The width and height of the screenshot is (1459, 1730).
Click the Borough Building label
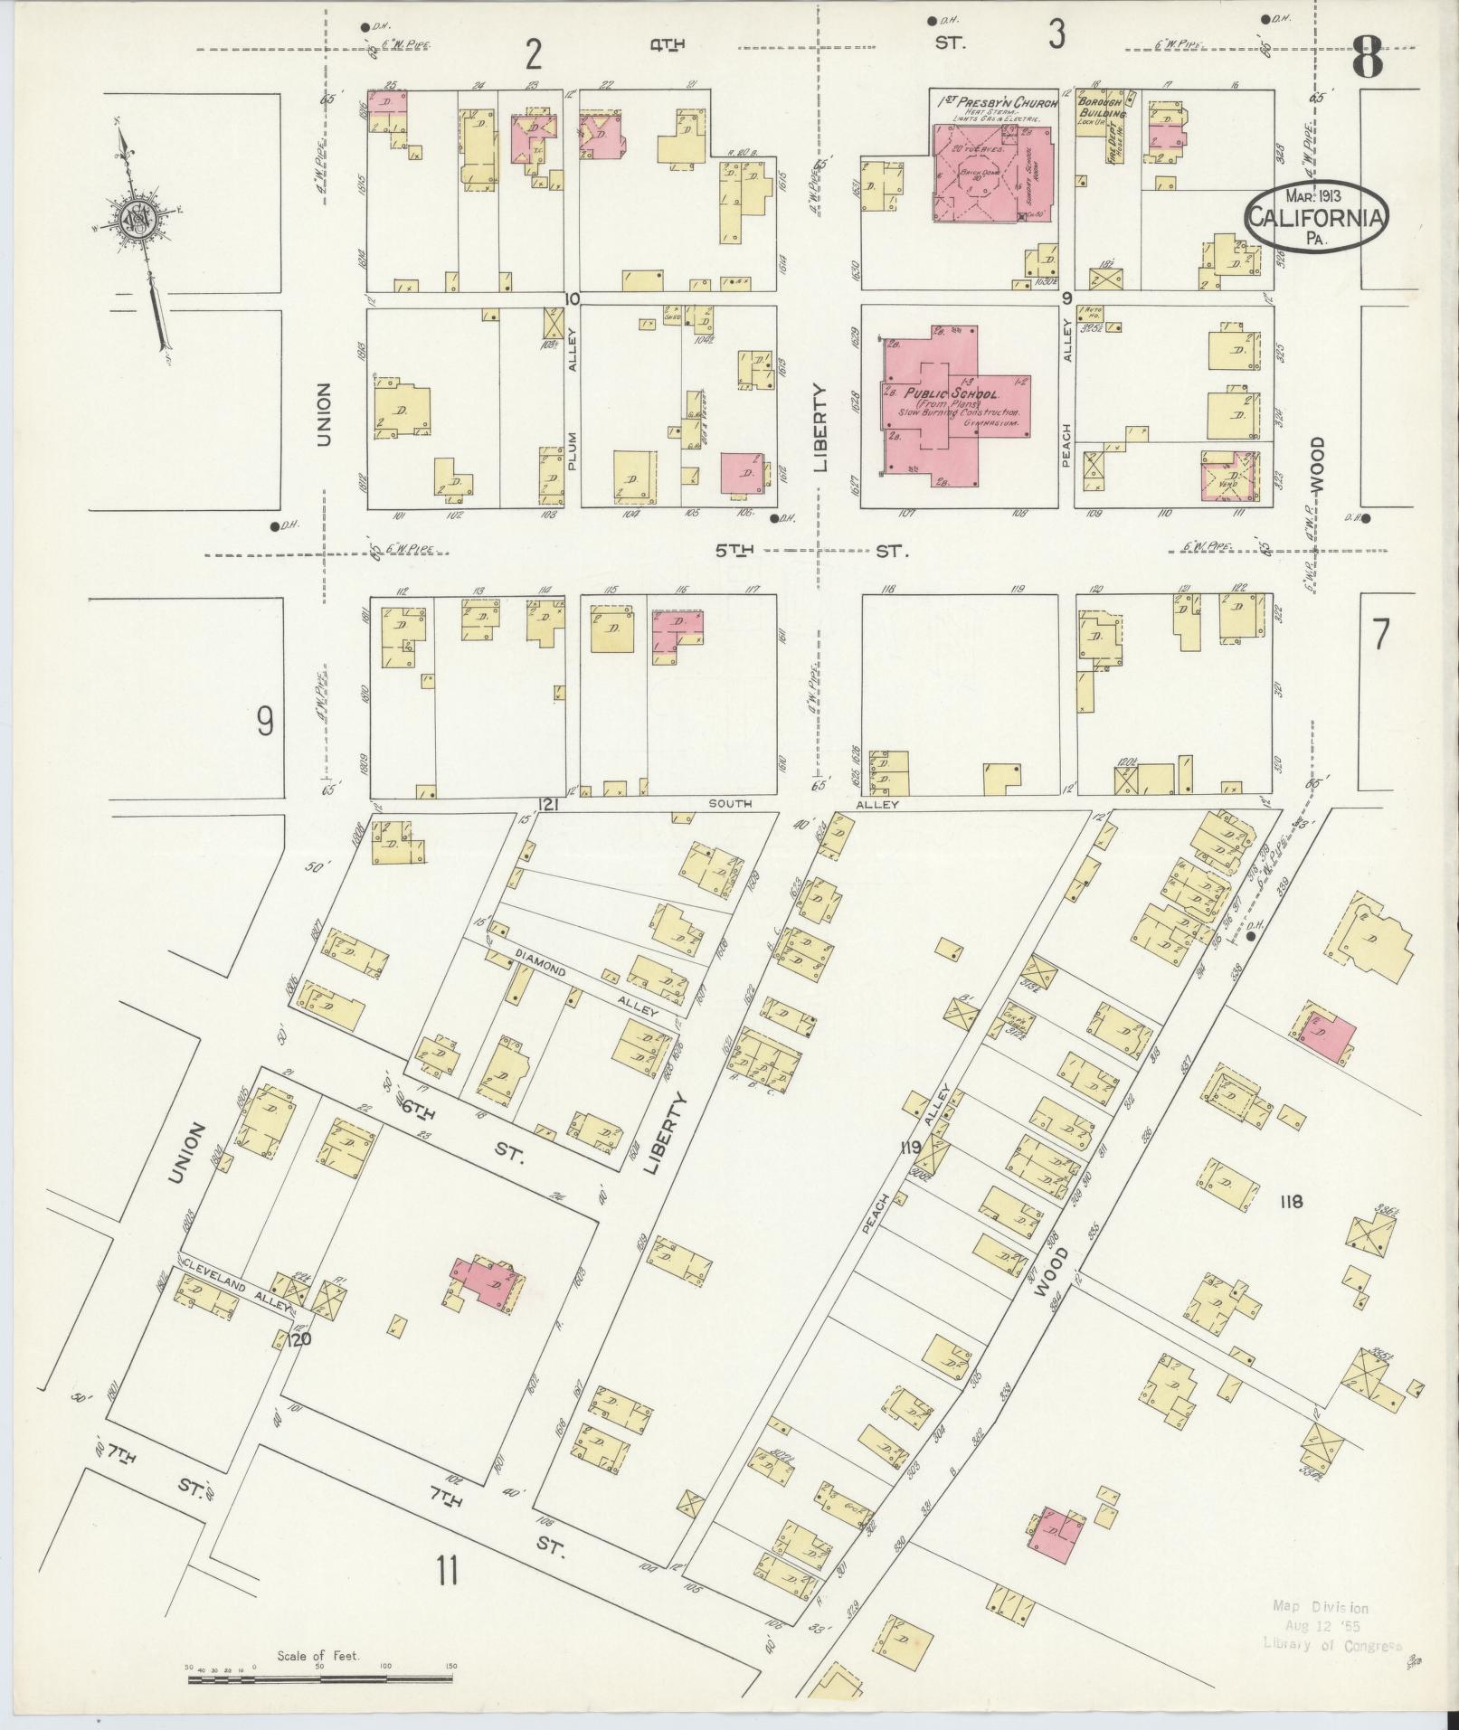1101,109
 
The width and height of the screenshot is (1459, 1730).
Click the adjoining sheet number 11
447,1571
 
